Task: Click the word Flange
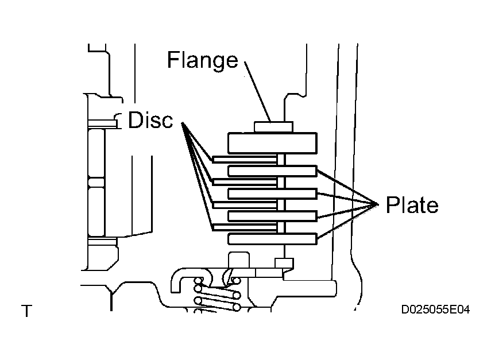pos(202,60)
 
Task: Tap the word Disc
pos(150,121)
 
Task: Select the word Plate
pos(412,205)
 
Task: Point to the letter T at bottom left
pos(26,312)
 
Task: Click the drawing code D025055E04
pos(436,310)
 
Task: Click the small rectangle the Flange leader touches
pos(273,126)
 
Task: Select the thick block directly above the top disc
pos(272,142)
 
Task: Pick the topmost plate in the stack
pos(272,171)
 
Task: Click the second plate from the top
pos(272,193)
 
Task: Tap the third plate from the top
pos(272,216)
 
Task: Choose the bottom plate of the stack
pos(272,238)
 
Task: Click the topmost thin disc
pos(245,158)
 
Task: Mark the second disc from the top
pos(245,181)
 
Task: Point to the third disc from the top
pos(245,204)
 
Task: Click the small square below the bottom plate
pos(284,263)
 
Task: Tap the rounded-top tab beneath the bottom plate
pos(238,260)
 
